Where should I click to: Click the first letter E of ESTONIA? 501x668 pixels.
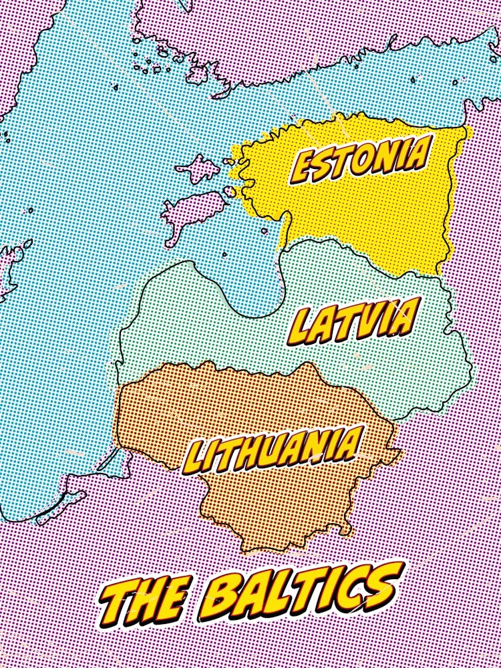click(x=304, y=167)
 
